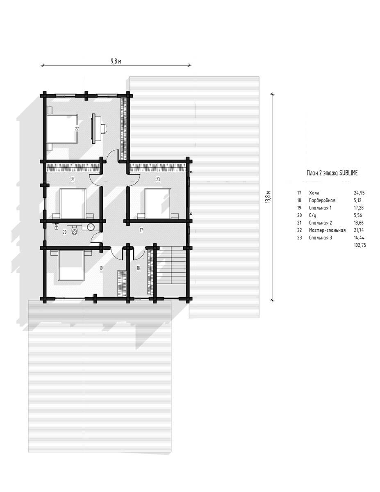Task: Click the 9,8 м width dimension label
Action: [116, 61]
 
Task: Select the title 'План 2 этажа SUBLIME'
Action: [332, 173]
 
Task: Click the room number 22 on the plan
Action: [77, 129]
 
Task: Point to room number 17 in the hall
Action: [141, 230]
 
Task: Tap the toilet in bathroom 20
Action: [74, 230]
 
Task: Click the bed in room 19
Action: [71, 265]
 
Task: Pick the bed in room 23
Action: [158, 204]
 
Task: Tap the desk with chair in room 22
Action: [98, 129]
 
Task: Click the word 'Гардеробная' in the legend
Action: [322, 200]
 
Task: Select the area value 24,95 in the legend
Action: [359, 193]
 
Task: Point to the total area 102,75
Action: [360, 245]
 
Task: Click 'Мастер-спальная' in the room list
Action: [327, 230]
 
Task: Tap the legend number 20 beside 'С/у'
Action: [299, 215]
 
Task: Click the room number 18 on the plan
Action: [138, 268]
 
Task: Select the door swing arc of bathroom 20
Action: [95, 238]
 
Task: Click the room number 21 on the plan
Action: [73, 180]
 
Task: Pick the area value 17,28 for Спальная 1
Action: [359, 208]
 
